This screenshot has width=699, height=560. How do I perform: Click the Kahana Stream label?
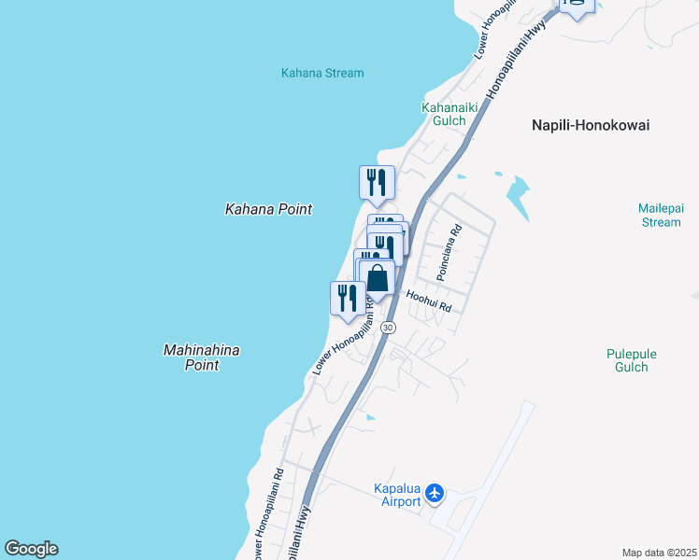tap(322, 73)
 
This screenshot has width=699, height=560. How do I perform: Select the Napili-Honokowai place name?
tap(590, 125)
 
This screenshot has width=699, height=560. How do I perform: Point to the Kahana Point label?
tap(268, 210)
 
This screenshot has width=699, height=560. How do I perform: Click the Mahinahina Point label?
tap(202, 357)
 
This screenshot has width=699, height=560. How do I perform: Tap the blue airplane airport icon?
tap(435, 493)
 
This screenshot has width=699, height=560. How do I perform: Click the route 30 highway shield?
tap(389, 328)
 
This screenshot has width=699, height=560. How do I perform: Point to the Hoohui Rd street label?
tap(429, 301)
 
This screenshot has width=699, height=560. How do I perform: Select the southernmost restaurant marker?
tap(348, 298)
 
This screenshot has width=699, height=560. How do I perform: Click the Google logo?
tap(31, 549)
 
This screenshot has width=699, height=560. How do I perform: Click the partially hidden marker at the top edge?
tap(577, 7)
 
